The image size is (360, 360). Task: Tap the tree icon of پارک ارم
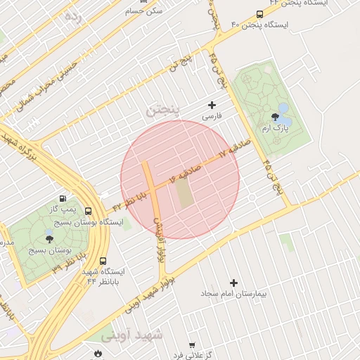(275, 117)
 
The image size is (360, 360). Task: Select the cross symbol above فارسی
(212, 105)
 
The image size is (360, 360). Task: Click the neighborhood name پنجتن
(164, 109)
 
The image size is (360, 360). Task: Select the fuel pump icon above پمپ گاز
(64, 199)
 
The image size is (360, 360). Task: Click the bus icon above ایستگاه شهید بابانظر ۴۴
(103, 260)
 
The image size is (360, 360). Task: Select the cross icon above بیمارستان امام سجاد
(233, 282)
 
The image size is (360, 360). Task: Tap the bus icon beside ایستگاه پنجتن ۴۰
(260, 14)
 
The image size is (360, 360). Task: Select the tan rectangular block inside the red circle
(184, 194)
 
